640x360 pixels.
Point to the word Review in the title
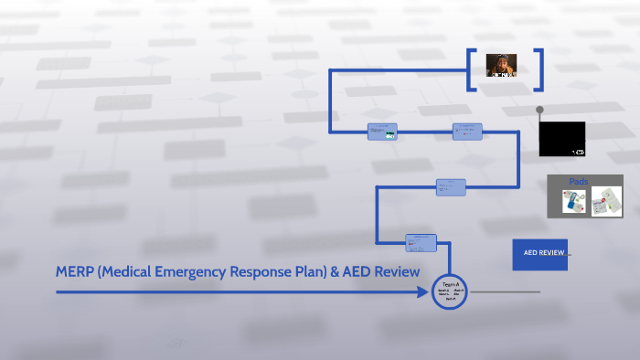tap(398, 272)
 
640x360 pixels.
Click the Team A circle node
tap(450, 291)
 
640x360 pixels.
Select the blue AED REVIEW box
tap(539, 254)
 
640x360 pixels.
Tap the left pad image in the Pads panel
tap(574, 202)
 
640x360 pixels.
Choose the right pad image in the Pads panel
tap(606, 202)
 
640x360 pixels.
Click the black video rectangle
tap(562, 139)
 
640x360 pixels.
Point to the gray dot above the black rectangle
tap(539, 110)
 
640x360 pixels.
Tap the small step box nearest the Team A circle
tap(421, 242)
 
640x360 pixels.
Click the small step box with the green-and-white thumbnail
tap(382, 132)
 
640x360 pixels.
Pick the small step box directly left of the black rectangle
tap(467, 132)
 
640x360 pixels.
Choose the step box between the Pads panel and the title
tap(451, 187)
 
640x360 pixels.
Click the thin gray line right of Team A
tap(505, 292)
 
